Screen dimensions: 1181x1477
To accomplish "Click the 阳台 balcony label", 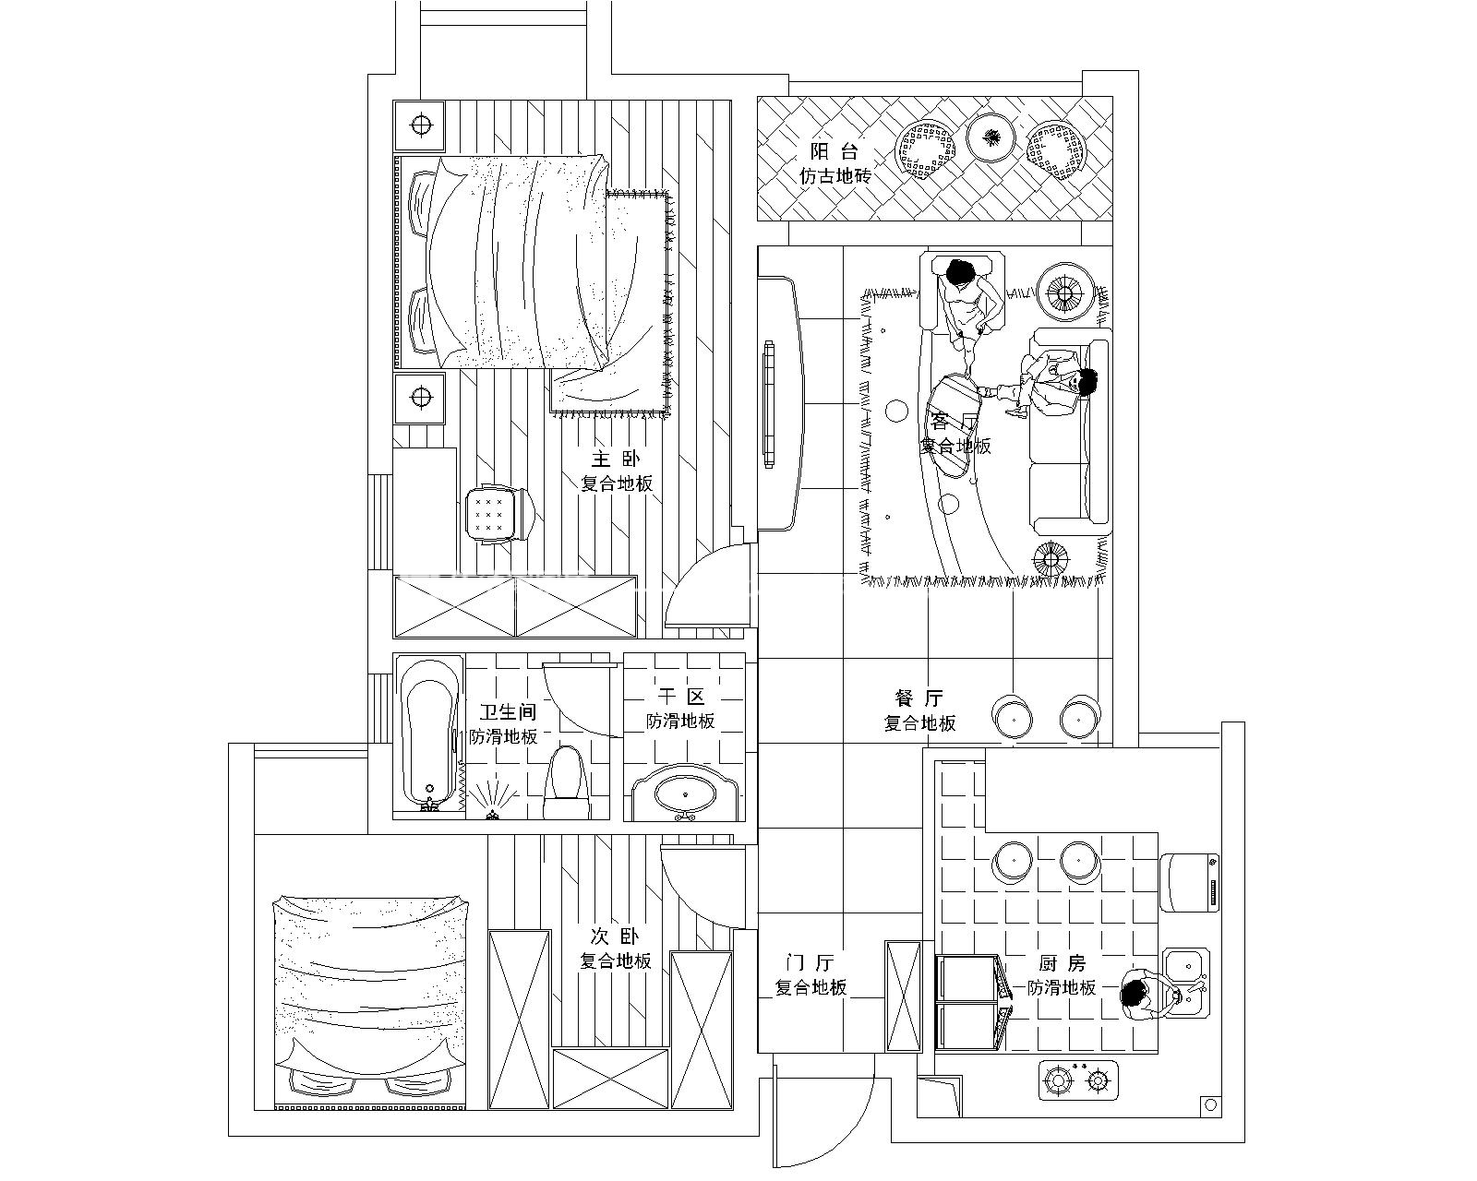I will coord(835,153).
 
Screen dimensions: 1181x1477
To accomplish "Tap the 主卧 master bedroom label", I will coord(616,459).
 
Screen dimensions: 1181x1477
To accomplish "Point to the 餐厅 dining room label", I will coord(919,698).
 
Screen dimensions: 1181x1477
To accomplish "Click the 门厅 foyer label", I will coord(811,963).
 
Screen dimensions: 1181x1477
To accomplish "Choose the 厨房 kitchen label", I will coord(1063,963).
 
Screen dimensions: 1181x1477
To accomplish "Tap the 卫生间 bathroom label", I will coord(508,713).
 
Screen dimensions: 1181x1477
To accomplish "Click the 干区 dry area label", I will coord(682,698).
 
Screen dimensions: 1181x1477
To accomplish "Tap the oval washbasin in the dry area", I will coord(684,792).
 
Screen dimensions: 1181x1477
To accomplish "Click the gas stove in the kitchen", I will coord(1077,1080).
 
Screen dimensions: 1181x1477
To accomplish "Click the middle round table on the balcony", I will coord(991,138).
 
